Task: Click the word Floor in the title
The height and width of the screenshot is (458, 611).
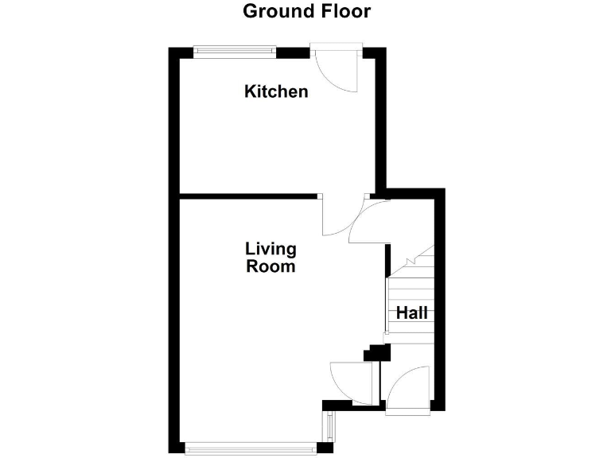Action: click(341, 11)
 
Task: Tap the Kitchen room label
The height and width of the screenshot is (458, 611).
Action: click(276, 91)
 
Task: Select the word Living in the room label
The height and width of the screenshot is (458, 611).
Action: click(270, 250)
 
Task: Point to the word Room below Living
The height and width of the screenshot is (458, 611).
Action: click(270, 266)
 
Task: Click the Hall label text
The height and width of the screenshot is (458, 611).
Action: click(412, 312)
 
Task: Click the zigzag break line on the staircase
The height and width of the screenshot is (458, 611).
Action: click(418, 258)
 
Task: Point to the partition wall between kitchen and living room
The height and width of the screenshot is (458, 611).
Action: click(247, 196)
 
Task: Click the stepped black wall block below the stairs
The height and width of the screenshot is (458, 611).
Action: click(371, 351)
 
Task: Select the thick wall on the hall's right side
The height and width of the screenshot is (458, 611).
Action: click(438, 302)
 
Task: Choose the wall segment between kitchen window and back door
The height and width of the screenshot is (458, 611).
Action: click(293, 52)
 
